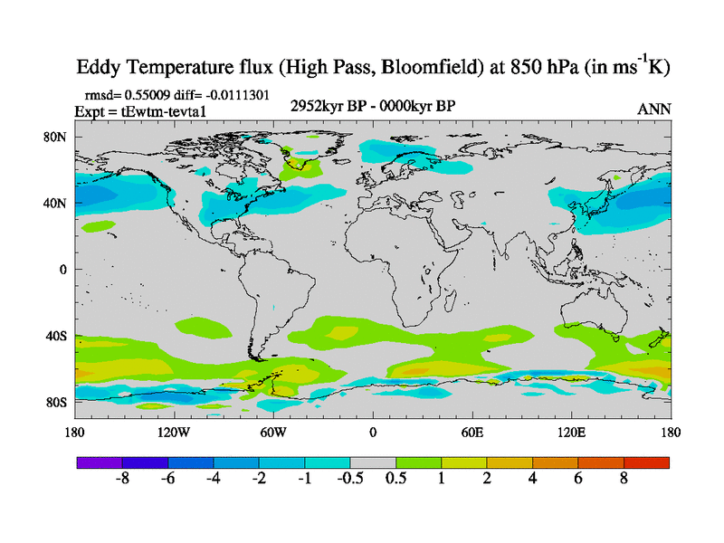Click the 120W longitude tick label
pos(174,433)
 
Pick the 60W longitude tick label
pos(273,433)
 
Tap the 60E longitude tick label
pos(472,433)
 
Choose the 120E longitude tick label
pos(571,433)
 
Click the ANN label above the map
pos(653,109)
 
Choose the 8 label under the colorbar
pos(624,480)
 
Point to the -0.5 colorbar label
pos(349,480)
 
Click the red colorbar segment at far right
pos(646,462)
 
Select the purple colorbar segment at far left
pos(100,462)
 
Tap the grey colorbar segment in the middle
pos(373,462)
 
